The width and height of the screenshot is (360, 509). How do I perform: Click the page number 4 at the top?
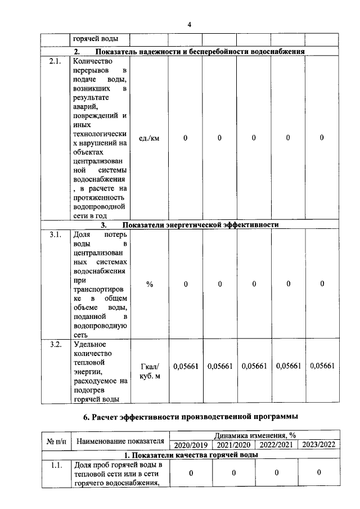click(x=190, y=25)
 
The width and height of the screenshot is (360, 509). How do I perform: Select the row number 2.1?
click(x=55, y=61)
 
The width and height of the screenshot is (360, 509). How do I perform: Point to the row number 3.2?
click(x=55, y=344)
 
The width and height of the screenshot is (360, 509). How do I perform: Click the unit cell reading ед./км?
click(x=149, y=138)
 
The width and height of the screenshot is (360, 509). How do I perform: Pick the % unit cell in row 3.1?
click(x=149, y=284)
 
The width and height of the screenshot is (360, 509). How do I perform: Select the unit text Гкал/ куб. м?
click(x=149, y=371)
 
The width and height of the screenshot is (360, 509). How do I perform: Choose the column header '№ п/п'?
click(x=56, y=440)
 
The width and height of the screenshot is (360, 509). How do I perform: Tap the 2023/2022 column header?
click(x=318, y=445)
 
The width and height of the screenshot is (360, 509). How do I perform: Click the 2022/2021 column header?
click(x=276, y=445)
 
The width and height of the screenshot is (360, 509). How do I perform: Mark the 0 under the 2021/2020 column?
click(x=233, y=472)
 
